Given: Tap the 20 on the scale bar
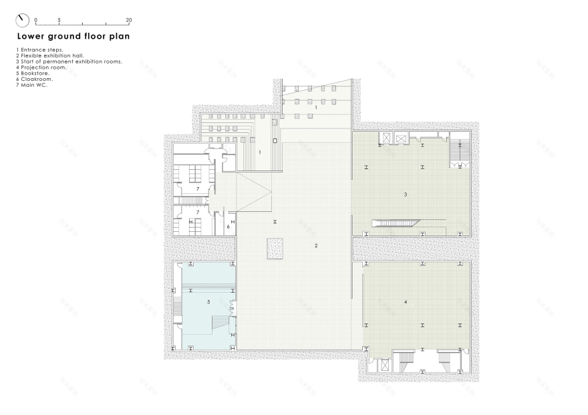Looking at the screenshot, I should [x=128, y=20].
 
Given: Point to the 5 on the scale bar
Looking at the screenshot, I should [x=59, y=20].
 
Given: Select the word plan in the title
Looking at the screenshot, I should [x=118, y=37].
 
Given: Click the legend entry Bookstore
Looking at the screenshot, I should [x=30, y=73].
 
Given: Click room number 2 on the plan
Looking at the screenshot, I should [x=316, y=246].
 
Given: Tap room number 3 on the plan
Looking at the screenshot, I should [x=406, y=194].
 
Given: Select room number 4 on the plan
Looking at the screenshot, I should [x=406, y=302].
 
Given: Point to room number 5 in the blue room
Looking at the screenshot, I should [x=209, y=302].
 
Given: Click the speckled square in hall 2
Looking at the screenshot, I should [x=275, y=248].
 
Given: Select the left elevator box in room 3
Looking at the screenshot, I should [x=386, y=138].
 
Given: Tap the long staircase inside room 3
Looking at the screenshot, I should [x=396, y=222].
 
